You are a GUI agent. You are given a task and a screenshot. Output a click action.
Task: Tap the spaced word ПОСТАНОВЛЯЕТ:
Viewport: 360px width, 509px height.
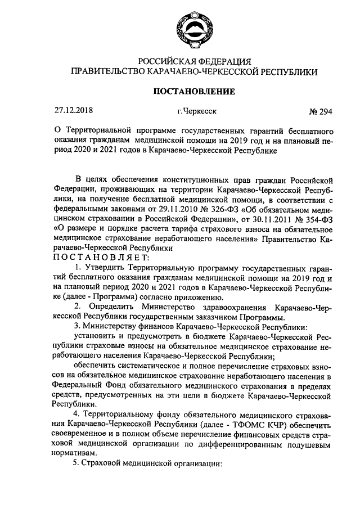click(101, 257)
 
